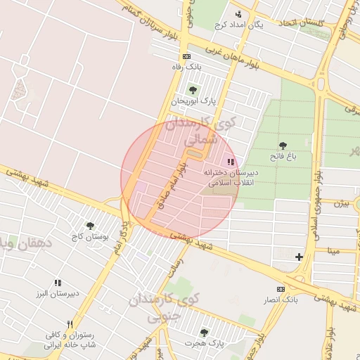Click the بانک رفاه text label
click(183, 67)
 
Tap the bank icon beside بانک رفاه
click(186, 56)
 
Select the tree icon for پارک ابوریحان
click(193, 89)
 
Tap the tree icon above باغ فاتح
click(283, 146)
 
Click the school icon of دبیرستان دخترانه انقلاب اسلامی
click(231, 162)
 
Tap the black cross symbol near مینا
click(299, 257)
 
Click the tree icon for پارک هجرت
click(204, 332)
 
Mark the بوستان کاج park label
click(90, 237)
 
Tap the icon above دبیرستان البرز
click(58, 283)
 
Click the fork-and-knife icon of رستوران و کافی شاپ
click(70, 324)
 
